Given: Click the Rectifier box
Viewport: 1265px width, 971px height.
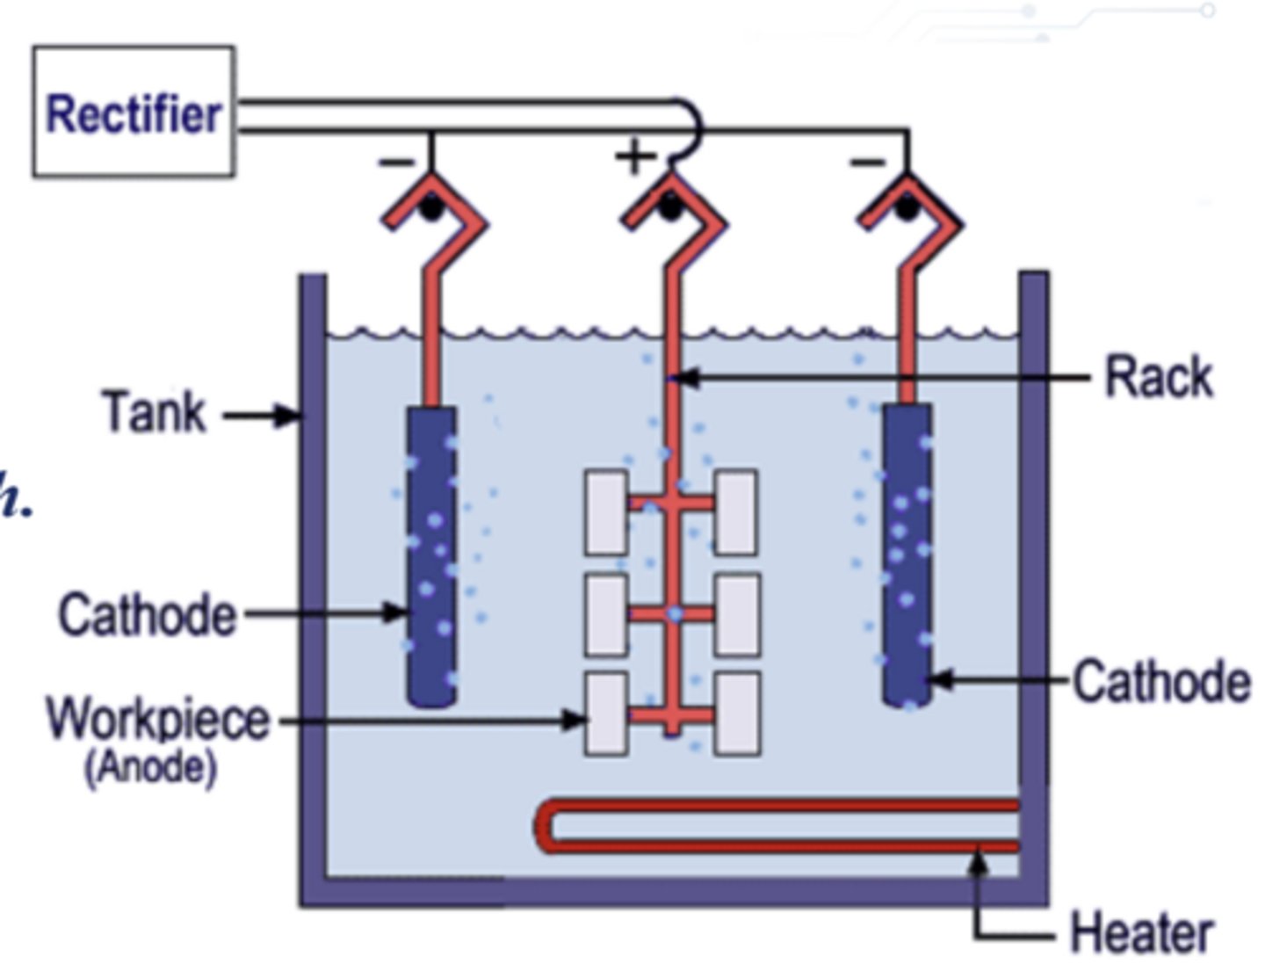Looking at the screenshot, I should [134, 112].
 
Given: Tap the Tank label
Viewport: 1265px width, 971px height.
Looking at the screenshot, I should [155, 412].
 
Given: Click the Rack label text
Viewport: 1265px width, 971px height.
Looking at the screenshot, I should [1158, 377].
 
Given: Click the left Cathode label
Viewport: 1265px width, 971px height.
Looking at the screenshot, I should [148, 614].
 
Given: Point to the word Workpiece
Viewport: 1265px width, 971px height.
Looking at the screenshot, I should [158, 720].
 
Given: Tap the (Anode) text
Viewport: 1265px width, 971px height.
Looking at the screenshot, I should [150, 767].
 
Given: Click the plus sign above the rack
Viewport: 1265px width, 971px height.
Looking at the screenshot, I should [634, 156].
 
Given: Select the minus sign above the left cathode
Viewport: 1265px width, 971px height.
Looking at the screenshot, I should [396, 161].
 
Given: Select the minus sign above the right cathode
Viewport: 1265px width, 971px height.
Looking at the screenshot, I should [868, 161].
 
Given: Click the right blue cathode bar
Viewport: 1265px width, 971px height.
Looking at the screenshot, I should [907, 554].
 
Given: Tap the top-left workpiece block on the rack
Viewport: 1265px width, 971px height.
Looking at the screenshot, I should [606, 512].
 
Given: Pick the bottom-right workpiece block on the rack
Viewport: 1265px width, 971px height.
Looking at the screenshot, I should [736, 714].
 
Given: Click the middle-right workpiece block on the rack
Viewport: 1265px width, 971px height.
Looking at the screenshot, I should [737, 614].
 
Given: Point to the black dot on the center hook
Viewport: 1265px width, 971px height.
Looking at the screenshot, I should [669, 207].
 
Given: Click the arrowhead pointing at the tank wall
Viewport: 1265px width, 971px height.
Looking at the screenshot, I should [288, 414].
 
